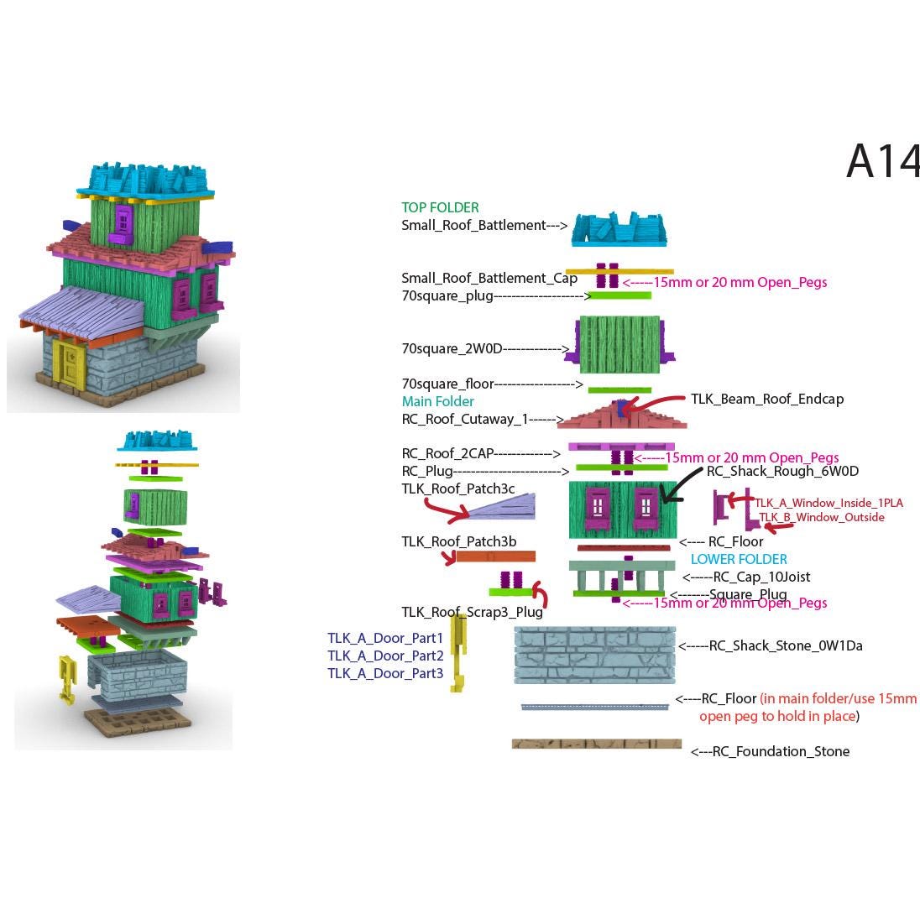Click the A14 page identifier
882,161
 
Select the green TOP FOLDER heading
440,207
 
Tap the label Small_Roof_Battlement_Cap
489,278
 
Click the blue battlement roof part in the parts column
619,228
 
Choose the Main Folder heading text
437,401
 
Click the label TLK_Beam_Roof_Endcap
766,399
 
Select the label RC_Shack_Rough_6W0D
782,471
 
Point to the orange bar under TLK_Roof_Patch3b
495,556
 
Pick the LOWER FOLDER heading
739,559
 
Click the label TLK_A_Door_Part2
385,656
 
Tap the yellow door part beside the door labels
457,652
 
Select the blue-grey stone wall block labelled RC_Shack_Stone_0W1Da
595,655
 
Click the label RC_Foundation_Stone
781,751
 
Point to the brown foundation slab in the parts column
596,744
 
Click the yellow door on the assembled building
65,362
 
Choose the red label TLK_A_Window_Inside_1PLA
829,503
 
